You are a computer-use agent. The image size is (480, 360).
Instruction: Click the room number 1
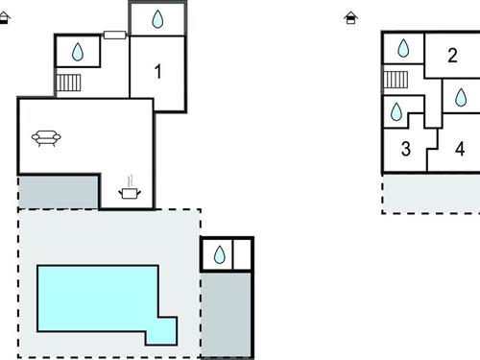157,70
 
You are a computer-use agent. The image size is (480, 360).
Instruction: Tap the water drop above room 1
157,19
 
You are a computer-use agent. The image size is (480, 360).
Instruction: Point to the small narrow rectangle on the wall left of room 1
114,35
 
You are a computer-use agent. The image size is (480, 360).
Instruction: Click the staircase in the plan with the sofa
68,83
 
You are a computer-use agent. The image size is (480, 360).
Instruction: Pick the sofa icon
46,138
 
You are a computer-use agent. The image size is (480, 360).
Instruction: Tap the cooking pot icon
129,192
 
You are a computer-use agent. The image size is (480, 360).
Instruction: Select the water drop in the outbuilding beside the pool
219,254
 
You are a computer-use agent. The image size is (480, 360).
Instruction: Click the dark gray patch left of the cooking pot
59,191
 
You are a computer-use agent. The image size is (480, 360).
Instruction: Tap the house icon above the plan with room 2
351,16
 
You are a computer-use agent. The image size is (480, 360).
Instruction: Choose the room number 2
452,55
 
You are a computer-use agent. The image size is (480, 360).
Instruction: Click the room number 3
405,149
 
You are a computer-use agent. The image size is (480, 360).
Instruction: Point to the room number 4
460,149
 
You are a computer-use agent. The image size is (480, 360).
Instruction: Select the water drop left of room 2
403,48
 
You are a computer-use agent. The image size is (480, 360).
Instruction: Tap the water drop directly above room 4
460,96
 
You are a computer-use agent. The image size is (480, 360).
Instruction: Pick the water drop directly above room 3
396,111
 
